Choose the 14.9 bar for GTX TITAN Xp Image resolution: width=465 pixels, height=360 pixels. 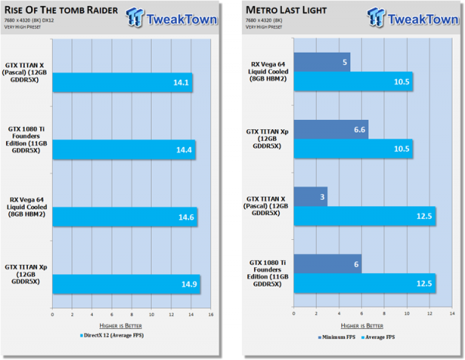tap(126, 284)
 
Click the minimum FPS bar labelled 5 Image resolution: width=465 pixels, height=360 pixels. tap(322, 61)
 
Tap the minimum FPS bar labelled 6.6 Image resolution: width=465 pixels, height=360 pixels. tap(331, 128)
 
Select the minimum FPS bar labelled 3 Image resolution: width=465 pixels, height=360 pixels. tap(310, 195)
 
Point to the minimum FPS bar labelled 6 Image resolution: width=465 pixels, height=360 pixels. tap(328, 262)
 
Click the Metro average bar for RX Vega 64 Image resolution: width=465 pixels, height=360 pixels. tap(353, 81)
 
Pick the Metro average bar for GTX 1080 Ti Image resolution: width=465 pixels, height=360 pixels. tap(365, 283)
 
